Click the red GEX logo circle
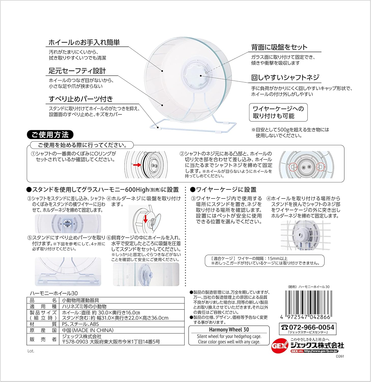click(279, 346)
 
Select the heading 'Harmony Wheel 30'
click(229, 330)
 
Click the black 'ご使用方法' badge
click(50, 134)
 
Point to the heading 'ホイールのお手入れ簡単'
click(84, 42)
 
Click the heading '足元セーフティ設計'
click(77, 71)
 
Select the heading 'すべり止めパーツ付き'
click(81, 99)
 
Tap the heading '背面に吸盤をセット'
click(279, 47)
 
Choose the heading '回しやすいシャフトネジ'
click(285, 77)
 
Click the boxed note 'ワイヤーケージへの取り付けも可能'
click(278, 112)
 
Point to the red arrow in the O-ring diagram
click(137, 165)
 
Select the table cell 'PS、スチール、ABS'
click(80, 324)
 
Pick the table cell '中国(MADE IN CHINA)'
click(88, 330)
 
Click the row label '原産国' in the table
click(43, 330)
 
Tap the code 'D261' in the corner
click(340, 356)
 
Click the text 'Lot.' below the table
click(31, 351)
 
